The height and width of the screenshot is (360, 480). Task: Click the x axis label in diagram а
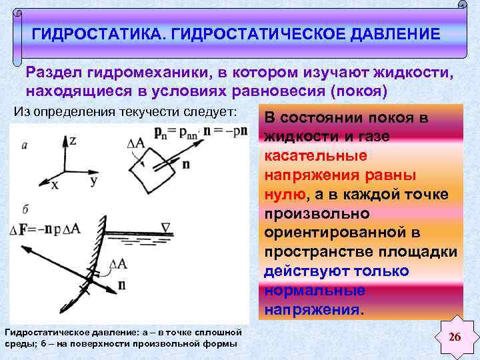tap(54, 185)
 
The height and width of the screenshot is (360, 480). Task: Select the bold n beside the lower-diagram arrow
tap(122, 285)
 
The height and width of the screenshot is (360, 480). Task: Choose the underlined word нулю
tap(285, 194)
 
